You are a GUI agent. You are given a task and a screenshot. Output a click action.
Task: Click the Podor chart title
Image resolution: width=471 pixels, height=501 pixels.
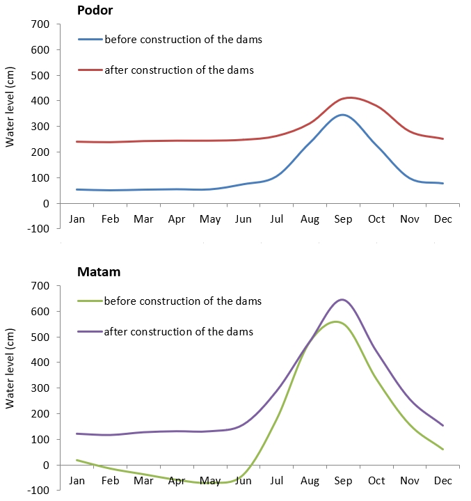95,10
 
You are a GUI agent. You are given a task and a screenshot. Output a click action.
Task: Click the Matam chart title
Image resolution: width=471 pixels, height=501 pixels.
98,272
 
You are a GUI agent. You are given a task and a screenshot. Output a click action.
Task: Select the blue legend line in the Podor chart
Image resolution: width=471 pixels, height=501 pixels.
90,39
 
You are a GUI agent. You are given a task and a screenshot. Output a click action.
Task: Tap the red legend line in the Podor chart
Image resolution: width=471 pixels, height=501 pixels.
90,70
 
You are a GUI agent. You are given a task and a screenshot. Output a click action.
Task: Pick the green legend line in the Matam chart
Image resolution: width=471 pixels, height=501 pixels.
90,301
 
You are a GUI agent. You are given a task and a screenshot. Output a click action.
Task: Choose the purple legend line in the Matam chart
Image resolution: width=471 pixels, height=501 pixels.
90,332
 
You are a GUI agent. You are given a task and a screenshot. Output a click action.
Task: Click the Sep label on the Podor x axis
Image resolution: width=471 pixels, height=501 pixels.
342,219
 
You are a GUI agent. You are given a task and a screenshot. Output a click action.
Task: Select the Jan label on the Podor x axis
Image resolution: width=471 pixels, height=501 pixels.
77,219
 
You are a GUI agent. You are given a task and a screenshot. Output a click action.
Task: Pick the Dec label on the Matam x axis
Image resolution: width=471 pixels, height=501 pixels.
443,481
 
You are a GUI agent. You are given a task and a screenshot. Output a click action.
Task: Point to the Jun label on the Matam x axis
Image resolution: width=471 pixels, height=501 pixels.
243,481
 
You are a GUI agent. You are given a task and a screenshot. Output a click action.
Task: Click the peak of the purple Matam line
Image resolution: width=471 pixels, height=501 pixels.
342,299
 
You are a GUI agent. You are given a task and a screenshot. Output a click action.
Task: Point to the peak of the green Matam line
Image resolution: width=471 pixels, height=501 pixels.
336,321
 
